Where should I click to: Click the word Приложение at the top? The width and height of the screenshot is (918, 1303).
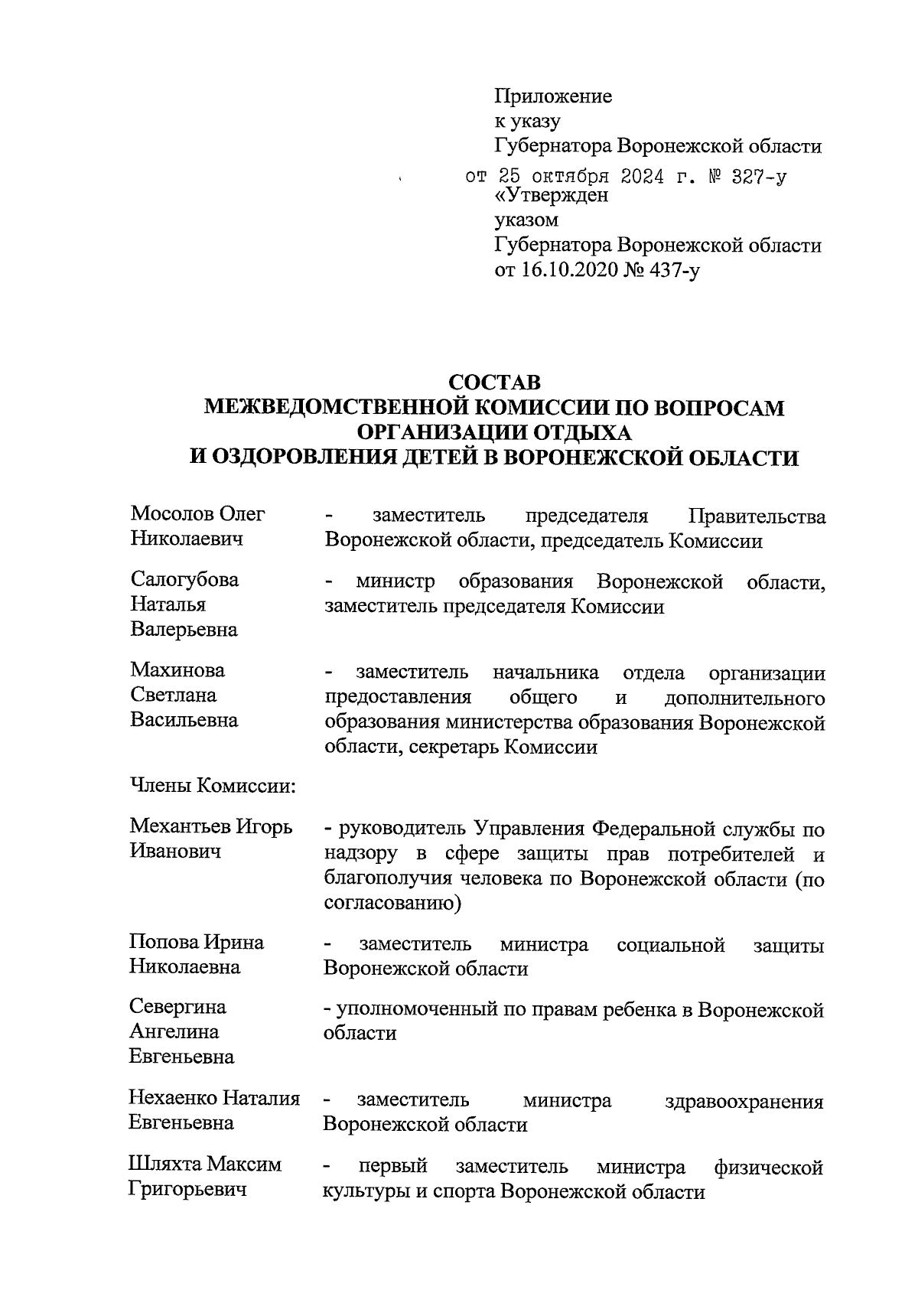[554, 97]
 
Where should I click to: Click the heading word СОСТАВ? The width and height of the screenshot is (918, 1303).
[494, 381]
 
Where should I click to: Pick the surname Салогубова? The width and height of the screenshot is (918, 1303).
[184, 579]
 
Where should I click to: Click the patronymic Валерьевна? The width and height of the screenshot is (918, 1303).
[184, 630]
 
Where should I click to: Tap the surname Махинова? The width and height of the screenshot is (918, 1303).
[177, 670]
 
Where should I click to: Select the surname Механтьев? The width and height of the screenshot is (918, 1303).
[181, 826]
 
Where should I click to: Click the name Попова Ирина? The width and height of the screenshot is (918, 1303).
[197, 942]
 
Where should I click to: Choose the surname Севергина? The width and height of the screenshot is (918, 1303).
[178, 1006]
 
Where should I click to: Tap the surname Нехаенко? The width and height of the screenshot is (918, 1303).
[174, 1099]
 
